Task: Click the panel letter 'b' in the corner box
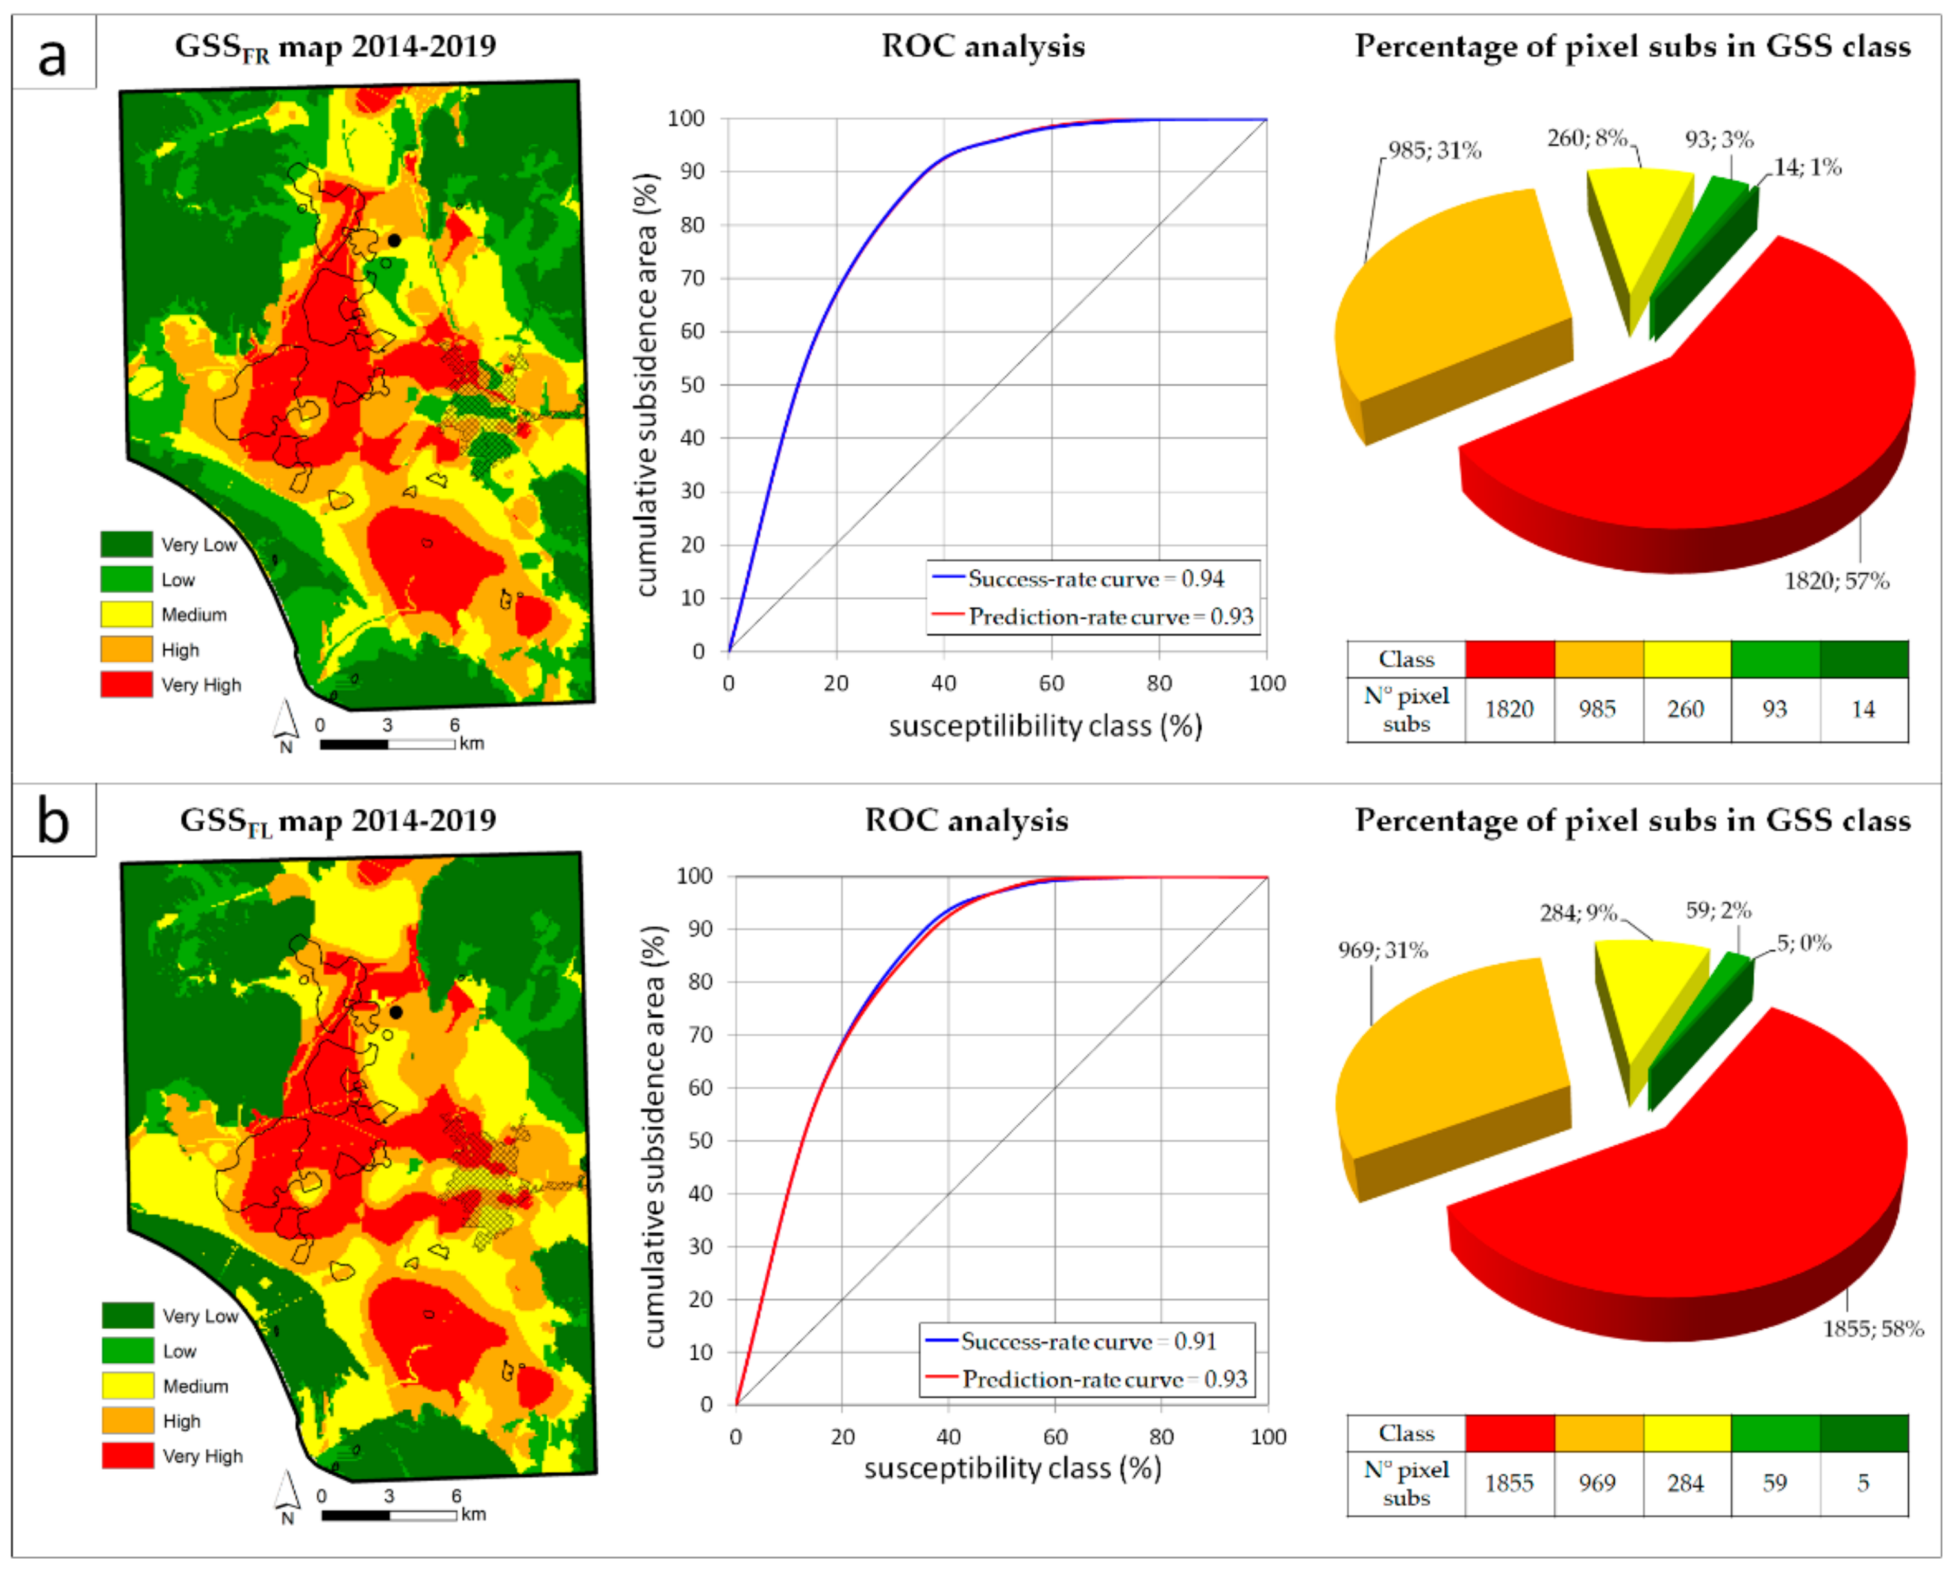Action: click(52, 822)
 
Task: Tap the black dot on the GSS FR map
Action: click(394, 240)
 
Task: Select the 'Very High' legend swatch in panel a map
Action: click(126, 685)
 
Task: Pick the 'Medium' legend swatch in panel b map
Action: click(127, 1385)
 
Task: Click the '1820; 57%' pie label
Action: click(1836, 581)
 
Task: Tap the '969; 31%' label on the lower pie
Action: click(1383, 951)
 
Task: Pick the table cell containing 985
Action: click(1597, 709)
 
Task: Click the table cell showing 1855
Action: click(1509, 1483)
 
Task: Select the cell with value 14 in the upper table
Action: click(1864, 709)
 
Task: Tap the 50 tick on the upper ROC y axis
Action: click(692, 385)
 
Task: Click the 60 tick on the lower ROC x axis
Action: click(1055, 1437)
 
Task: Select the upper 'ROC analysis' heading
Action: click(983, 46)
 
